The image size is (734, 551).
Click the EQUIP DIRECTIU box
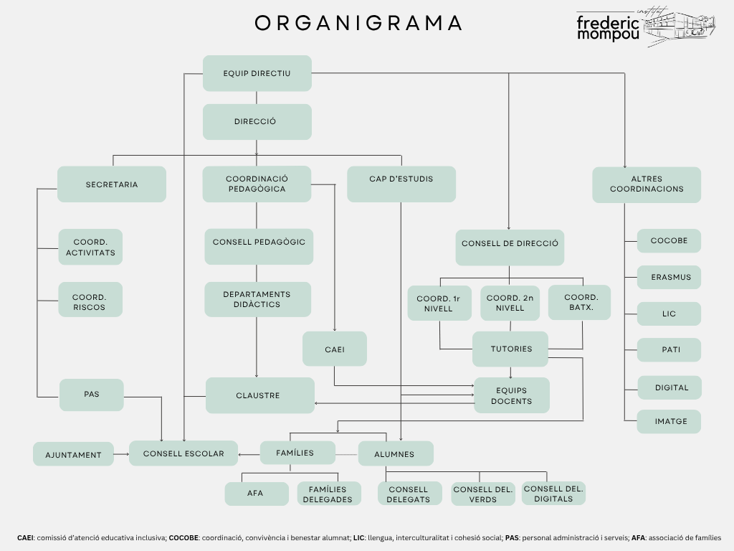pos(257,73)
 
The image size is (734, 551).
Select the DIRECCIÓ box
pos(257,122)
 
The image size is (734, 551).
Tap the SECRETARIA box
pos(111,184)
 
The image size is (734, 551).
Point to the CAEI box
pos(334,349)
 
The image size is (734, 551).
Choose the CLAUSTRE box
pos(259,395)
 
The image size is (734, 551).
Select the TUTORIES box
pos(510,349)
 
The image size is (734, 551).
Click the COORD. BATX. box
pos(581,302)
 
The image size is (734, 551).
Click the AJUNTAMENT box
pos(73,454)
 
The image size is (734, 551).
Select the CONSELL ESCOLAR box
pos(183,453)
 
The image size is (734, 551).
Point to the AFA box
pos(254,494)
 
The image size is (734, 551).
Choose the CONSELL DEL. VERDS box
pos(483,494)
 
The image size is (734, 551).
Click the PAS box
pos(91,395)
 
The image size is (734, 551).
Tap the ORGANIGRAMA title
pos(359,23)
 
